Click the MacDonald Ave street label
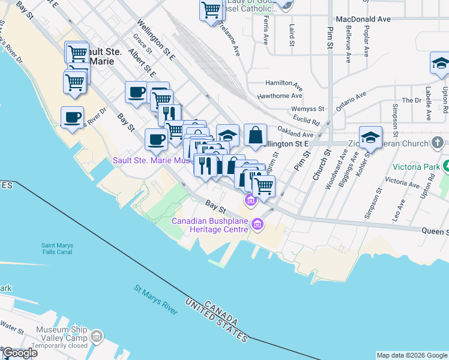(363, 19)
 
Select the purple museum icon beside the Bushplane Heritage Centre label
(258, 225)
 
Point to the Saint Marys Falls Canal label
(64, 248)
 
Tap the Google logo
(20, 353)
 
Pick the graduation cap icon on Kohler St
(370, 137)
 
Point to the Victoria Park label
(416, 166)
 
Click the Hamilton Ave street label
(284, 84)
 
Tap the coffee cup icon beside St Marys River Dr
(72, 117)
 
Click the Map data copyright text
(412, 355)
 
